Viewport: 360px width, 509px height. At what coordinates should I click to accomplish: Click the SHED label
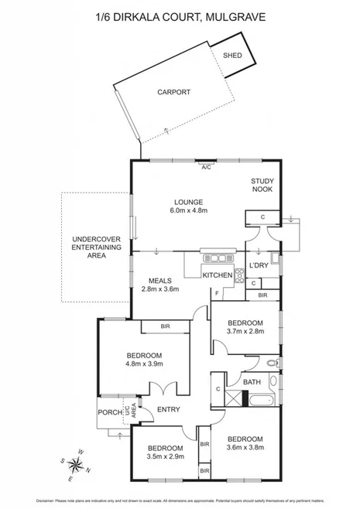[232, 56]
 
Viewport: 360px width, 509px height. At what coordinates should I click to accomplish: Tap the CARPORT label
[173, 92]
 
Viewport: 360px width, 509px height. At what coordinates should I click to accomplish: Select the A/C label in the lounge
[206, 166]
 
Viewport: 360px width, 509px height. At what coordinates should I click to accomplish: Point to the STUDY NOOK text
[262, 186]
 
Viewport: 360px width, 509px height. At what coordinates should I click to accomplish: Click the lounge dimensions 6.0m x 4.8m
[189, 210]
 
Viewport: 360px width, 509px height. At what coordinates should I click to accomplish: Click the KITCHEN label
[218, 275]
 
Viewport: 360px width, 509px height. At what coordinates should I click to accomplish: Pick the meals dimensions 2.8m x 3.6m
[160, 289]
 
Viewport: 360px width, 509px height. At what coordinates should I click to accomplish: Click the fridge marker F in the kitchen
[218, 294]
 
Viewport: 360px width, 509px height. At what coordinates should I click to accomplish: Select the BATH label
[252, 382]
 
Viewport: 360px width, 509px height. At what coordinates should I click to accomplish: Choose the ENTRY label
[169, 409]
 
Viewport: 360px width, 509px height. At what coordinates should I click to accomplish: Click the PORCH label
[110, 412]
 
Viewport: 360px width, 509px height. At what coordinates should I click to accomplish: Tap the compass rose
[77, 464]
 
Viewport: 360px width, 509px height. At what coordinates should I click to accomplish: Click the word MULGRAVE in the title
[242, 15]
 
